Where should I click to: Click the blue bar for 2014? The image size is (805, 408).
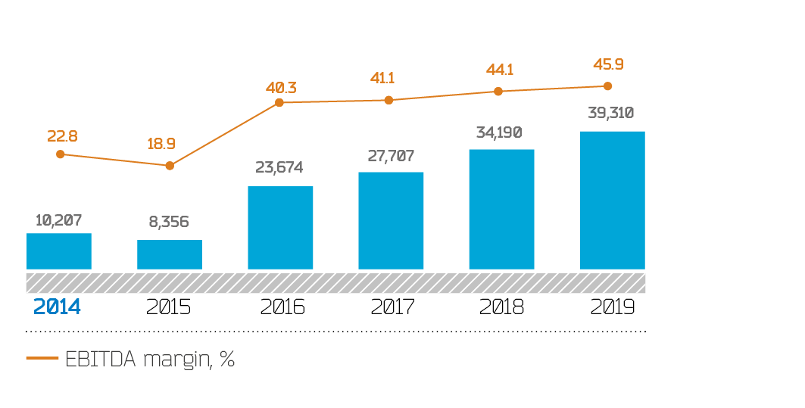pos(59,251)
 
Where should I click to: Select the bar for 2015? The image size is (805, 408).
pos(170,254)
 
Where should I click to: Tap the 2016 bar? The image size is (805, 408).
pos(280,228)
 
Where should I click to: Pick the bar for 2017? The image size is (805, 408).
pos(391,220)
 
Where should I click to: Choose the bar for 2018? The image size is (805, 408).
pos(501,209)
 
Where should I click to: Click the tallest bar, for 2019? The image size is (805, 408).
pos(612,200)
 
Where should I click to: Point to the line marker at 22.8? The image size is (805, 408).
pos(60,154)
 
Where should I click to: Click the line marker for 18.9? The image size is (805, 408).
pos(170,165)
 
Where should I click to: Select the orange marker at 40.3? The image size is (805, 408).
pos(279,102)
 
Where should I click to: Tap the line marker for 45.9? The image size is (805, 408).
pos(607,86)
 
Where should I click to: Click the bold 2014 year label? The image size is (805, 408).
pos(57,307)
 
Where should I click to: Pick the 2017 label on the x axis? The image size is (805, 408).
pos(393,307)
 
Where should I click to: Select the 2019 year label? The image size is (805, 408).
pos(612,307)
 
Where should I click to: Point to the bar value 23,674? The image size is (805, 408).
pos(279,167)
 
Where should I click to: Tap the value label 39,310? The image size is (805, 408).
pos(610,114)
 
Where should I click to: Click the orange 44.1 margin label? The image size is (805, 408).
pos(500,70)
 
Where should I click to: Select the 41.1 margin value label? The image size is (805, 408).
pos(383,78)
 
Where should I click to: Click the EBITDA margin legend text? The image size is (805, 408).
pos(150,360)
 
